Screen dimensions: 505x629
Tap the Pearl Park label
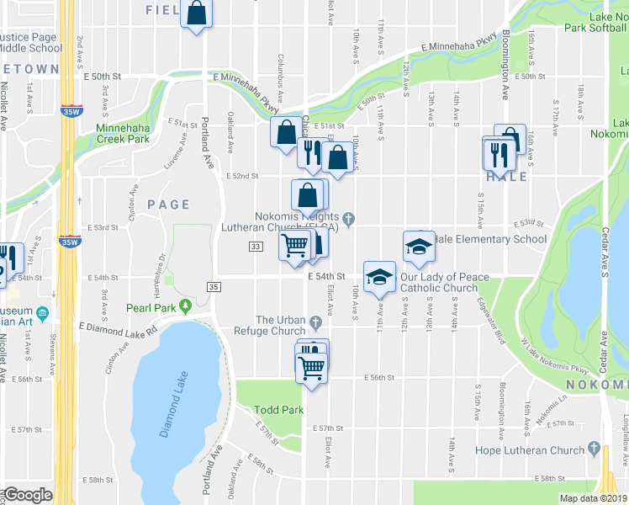click(151, 307)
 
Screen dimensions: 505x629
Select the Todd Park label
click(278, 410)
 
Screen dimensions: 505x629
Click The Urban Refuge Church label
click(282, 326)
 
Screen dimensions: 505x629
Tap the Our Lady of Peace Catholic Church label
click(439, 282)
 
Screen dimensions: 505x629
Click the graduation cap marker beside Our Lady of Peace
click(379, 277)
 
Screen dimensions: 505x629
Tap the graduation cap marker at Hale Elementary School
click(419, 247)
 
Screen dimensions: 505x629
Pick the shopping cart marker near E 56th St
click(311, 368)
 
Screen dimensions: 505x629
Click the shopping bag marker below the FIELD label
click(196, 14)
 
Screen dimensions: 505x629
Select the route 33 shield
click(256, 246)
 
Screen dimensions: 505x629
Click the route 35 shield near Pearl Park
click(214, 287)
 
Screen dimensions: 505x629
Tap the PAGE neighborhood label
click(168, 205)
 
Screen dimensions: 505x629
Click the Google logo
click(27, 495)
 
